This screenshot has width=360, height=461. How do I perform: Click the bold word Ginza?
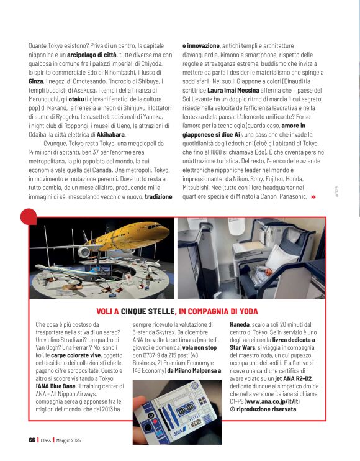point(36,81)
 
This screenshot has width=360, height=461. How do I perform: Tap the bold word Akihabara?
point(110,135)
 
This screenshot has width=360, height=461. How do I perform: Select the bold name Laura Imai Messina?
point(233,90)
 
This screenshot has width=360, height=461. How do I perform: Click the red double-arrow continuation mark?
point(313,197)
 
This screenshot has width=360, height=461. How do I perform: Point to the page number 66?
point(32,440)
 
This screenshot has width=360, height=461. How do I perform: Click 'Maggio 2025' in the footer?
point(68,440)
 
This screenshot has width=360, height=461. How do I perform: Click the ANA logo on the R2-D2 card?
point(179,432)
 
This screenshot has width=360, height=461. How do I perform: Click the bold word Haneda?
point(240,324)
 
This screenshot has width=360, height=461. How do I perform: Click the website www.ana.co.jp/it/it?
point(272,401)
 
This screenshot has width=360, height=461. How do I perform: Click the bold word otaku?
point(76,99)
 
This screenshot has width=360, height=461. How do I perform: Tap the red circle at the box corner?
point(29,217)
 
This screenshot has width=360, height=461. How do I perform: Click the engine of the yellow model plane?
point(84,252)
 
